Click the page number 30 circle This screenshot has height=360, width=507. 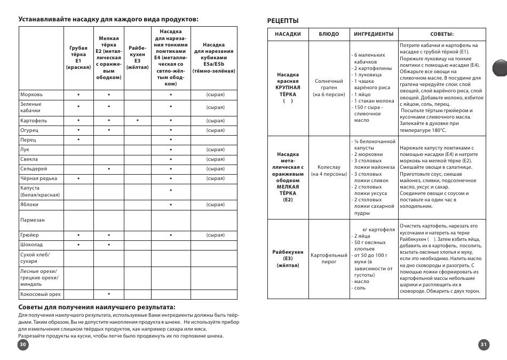pyautogui.click(x=22, y=345)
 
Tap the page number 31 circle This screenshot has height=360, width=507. pyautogui.click(x=484, y=345)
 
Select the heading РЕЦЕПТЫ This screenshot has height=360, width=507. pyautogui.click(x=283, y=21)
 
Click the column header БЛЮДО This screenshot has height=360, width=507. pyautogui.click(x=329, y=34)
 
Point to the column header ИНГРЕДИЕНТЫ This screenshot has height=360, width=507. pyautogui.click(x=374, y=34)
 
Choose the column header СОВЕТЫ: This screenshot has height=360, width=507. pyautogui.click(x=442, y=34)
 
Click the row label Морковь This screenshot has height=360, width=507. pyautogui.click(x=31, y=95)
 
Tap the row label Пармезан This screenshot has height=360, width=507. pyautogui.click(x=33, y=220)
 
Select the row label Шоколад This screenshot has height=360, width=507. pyautogui.click(x=31, y=245)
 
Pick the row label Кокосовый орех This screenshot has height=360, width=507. pyautogui.click(x=41, y=294)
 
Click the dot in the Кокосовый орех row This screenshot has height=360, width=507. pyautogui.click(x=109, y=294)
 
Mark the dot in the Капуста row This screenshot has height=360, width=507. pyautogui.click(x=171, y=191)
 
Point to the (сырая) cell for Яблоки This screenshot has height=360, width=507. pyautogui.click(x=215, y=205)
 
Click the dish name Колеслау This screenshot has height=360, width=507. pyautogui.click(x=329, y=170)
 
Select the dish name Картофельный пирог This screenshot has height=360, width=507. pyautogui.click(x=329, y=259)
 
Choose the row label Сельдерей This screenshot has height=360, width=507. pyautogui.click(x=35, y=169)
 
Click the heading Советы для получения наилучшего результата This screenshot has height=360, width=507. pyautogui.click(x=97, y=307)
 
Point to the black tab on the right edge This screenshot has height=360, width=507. pyautogui.click(x=500, y=68)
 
